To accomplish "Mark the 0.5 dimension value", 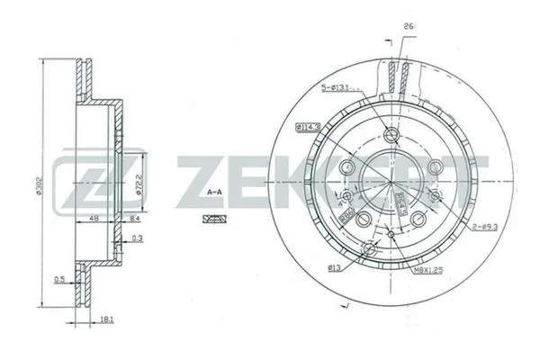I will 58,277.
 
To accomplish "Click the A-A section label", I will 215,192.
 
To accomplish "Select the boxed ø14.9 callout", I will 308,129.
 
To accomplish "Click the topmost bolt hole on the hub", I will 391,135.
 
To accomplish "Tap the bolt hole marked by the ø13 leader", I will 365,248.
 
